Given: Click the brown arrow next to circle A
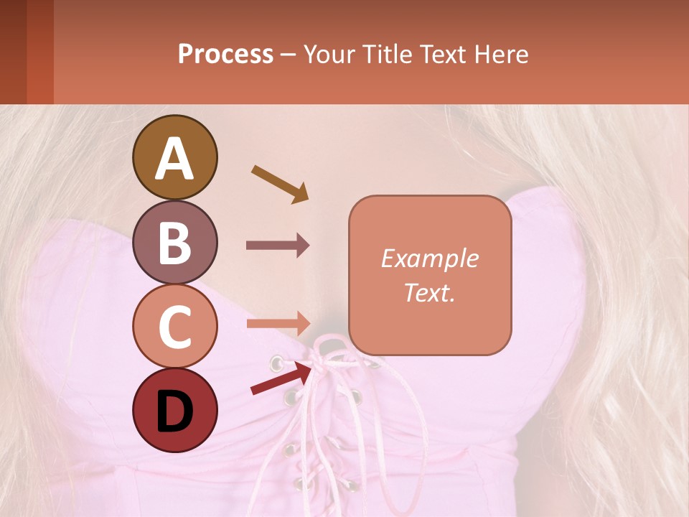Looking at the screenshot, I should click(280, 184).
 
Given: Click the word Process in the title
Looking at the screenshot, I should click(225, 54).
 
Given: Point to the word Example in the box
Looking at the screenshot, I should click(430, 258).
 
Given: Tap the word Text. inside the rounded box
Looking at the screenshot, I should click(430, 292).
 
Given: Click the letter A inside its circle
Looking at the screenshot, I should click(175, 159).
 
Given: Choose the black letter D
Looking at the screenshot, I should click(174, 412).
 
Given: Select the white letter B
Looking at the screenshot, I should click(174, 243).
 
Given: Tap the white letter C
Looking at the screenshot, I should click(174, 327).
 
